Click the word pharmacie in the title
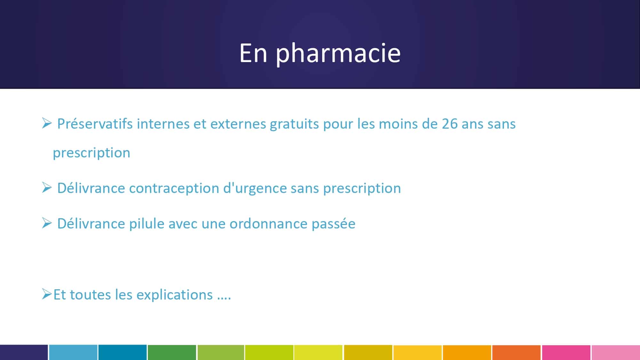click(x=338, y=54)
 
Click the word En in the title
click(x=253, y=53)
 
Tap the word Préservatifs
click(x=95, y=124)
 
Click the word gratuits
click(x=294, y=124)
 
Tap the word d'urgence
click(x=255, y=188)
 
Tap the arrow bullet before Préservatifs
click(x=47, y=123)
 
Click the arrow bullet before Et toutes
click(x=47, y=294)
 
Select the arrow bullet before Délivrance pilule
click(x=47, y=223)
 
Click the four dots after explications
click(x=224, y=299)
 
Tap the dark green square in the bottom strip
click(x=172, y=352)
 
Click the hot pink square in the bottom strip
click(x=566, y=352)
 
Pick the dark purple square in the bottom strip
click(x=24, y=352)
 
